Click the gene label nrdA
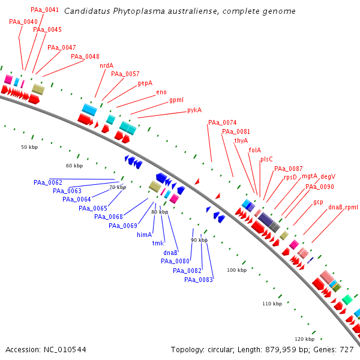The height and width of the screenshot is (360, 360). pyautogui.click(x=107, y=65)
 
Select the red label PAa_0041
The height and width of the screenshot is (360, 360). pyautogui.click(x=45, y=10)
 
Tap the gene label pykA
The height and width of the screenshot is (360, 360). pyautogui.click(x=194, y=110)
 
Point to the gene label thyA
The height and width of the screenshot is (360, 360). pyautogui.click(x=241, y=140)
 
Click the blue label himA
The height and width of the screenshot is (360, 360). pyautogui.click(x=145, y=235)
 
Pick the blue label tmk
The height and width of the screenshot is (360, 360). pyautogui.click(x=158, y=243)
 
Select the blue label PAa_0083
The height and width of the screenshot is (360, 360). pyautogui.click(x=199, y=280)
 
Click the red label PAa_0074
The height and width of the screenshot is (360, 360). pyautogui.click(x=223, y=122)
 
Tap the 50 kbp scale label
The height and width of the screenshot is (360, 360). pyautogui.click(x=29, y=147)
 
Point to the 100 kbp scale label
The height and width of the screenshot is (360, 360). pyautogui.click(x=237, y=270)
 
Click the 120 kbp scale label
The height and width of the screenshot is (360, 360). pyautogui.click(x=305, y=339)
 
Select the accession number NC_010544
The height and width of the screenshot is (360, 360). pyautogui.click(x=65, y=350)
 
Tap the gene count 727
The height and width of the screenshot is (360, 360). pyautogui.click(x=347, y=350)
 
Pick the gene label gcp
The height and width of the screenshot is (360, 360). pyautogui.click(x=318, y=202)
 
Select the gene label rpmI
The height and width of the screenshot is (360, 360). pyautogui.click(x=352, y=208)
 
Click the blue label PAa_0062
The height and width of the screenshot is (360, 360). pyautogui.click(x=48, y=182)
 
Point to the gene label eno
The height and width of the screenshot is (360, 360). pyautogui.click(x=161, y=92)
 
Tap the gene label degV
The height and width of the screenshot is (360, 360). pyautogui.click(x=328, y=176)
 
